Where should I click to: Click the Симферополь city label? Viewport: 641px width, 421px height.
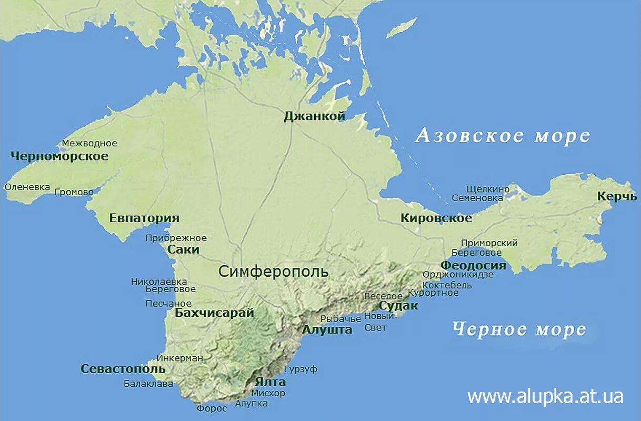pos(273,272)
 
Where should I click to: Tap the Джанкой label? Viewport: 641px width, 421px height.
pos(314,116)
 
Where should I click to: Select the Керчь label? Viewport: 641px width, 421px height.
pos(617,196)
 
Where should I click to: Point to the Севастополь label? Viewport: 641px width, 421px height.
pos(123,369)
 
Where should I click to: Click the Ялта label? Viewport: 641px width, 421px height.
pos(270,382)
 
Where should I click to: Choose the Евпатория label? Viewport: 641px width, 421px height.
pos(144,218)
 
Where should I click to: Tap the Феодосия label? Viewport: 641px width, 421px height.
pos(473,265)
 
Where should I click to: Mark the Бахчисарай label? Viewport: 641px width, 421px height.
pos(214,313)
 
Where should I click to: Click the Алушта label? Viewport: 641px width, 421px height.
pos(327,330)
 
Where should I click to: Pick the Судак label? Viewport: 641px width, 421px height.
pos(398,306)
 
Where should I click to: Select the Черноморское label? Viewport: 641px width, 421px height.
pos(59,156)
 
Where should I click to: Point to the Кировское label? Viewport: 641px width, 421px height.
pos(436,218)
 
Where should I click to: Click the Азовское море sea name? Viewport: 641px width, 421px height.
pos(502,136)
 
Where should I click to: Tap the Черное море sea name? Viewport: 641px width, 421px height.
pos(519,329)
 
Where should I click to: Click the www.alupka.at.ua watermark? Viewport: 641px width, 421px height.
pos(545,396)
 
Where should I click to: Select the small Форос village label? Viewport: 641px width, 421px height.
pos(212,408)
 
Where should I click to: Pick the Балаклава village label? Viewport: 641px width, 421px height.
pos(148,384)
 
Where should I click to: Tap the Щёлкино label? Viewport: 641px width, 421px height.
pos(488,189)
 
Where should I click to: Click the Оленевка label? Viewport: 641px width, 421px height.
pos(27,187)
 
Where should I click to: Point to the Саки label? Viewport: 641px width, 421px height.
pos(183,249)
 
